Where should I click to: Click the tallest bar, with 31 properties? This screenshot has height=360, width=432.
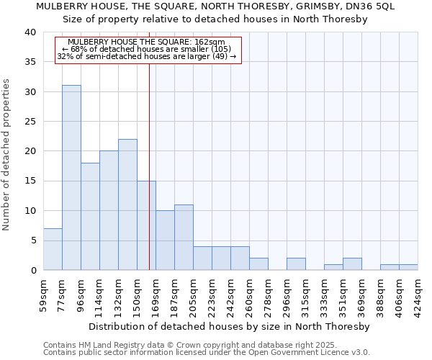[x=71, y=178]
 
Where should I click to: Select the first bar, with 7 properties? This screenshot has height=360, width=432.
[x=53, y=249]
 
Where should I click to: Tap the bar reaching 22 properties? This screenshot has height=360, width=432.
[x=127, y=204]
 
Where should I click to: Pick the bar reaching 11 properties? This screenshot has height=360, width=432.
[x=184, y=238]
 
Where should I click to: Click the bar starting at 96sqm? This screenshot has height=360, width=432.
[x=90, y=217]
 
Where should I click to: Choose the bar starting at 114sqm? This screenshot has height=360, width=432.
[x=109, y=210]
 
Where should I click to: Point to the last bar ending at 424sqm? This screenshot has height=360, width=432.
[x=408, y=267]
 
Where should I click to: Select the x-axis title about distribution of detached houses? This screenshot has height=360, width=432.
[x=231, y=326]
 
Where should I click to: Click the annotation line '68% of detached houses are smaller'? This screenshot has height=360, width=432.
[x=148, y=49]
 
